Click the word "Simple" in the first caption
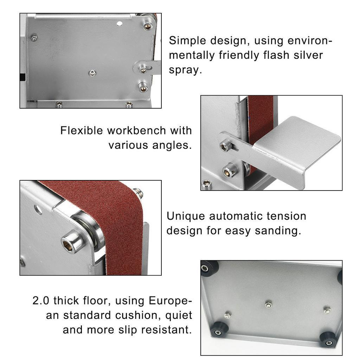[x=187, y=41]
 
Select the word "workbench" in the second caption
[x=137, y=131]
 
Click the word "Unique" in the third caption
[x=186, y=217]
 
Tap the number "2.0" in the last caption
[x=41, y=301]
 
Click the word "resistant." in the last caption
[x=166, y=330]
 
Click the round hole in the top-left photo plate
[x=120, y=24]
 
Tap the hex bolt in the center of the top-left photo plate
[x=92, y=73]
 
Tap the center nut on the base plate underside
[x=268, y=305]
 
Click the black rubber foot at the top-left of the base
[x=209, y=268]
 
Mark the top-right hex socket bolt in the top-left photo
[x=148, y=26]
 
